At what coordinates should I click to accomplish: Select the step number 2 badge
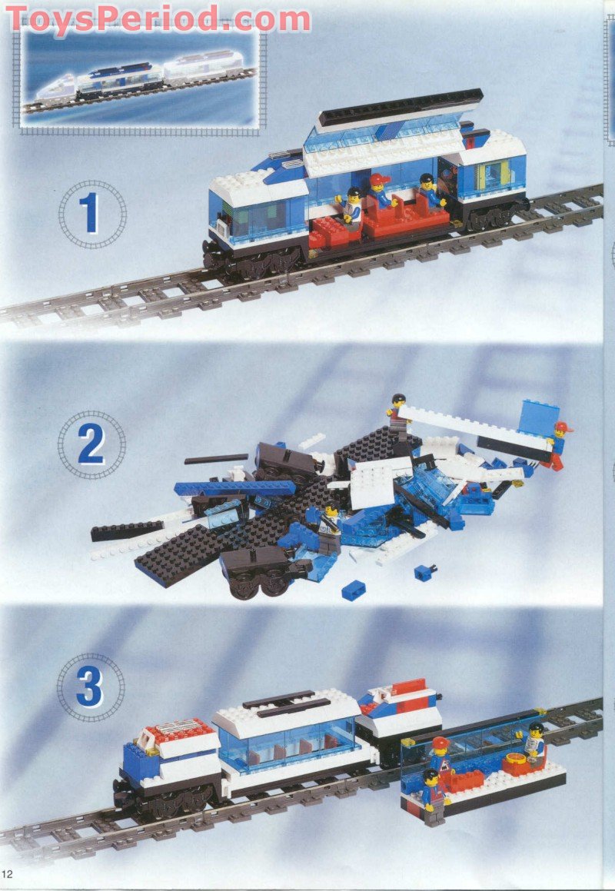pos(91,444)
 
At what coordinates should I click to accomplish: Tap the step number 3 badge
pos(90,687)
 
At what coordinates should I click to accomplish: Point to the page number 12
pos(8,874)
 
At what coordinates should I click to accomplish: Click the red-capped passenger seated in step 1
pos(377,193)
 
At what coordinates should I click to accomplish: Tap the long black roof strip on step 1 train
pos(400,107)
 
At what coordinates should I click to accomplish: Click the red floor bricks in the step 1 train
pos(384,222)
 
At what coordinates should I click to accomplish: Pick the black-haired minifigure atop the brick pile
pos(397,415)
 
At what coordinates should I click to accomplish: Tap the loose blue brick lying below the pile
pos(353,590)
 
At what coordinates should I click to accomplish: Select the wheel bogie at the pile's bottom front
pos(254,573)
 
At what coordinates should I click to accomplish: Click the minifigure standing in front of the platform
pos(433,796)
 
